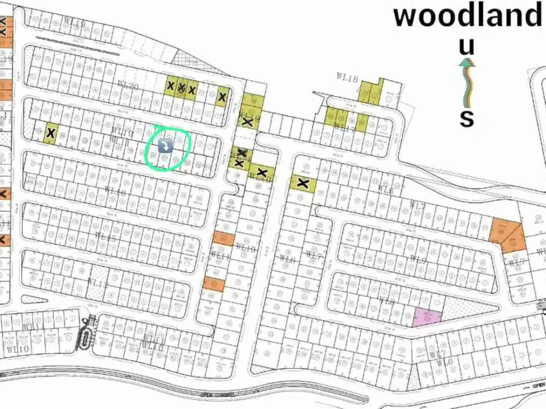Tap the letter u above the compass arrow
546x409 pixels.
point(466,47)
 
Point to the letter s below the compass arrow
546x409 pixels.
point(466,118)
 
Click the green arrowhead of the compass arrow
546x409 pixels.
point(466,63)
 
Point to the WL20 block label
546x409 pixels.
point(128,85)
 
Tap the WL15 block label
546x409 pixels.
point(105,237)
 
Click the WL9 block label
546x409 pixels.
point(418,259)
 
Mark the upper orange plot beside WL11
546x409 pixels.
point(223,238)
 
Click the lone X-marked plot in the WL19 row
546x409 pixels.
point(51,133)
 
